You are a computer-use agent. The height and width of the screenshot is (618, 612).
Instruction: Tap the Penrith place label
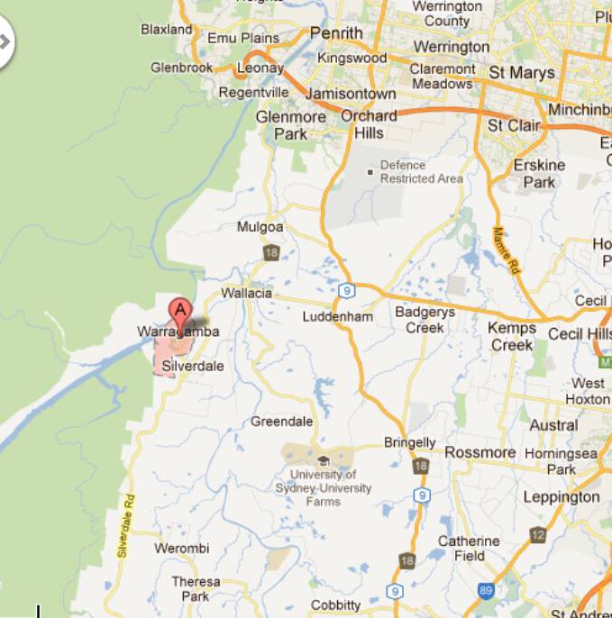pos(336,33)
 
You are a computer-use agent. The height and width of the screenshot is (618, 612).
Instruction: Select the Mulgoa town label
pos(260,228)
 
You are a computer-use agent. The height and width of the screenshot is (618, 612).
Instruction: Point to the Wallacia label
pos(246,294)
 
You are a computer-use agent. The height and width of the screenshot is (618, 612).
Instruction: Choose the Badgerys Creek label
pos(425,320)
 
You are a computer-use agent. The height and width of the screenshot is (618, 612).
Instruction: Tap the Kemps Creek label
pos(512,336)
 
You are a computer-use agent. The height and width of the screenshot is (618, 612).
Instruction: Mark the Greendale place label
pos(281,422)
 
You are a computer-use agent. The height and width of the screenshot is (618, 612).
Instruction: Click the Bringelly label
pos(409,443)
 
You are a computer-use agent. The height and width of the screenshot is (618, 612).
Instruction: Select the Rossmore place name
pos(480,452)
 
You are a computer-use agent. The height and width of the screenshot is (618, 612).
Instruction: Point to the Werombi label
pos(181,549)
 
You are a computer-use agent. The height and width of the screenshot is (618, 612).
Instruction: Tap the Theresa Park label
pos(196,589)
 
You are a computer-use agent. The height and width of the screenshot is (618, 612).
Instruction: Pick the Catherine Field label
pos(469,549)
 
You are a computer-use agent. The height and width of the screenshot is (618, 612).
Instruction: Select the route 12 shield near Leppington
pos(537,534)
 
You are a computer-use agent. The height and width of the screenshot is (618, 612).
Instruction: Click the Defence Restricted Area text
pos(421,172)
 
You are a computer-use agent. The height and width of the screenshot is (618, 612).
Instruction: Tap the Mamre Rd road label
pos(507,250)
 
